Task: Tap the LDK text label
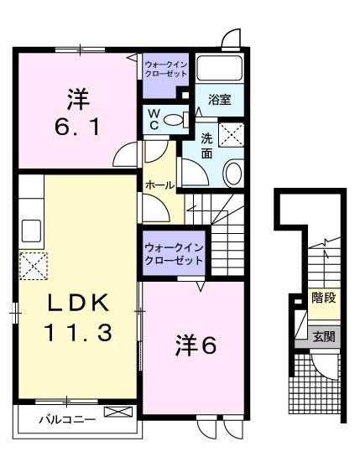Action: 76,300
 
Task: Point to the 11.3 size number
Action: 76,334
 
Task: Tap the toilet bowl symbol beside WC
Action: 175,120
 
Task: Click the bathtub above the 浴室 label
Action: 219,69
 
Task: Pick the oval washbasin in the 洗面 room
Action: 233,172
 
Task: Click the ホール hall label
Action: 160,184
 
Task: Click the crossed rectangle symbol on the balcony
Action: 117,413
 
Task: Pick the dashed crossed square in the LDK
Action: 33,267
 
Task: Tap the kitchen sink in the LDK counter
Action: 30,228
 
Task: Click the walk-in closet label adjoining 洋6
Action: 174,254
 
